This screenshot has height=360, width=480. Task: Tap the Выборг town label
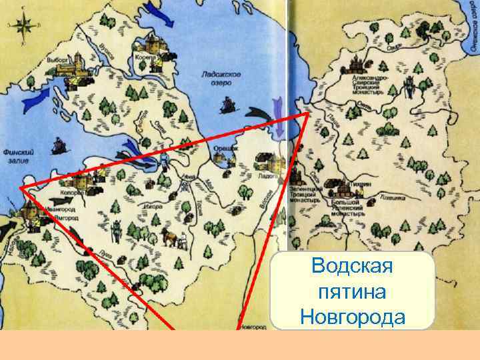click(58, 59)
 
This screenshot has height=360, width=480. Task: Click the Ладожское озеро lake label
click(221, 79)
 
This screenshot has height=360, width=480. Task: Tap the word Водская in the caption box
click(352, 267)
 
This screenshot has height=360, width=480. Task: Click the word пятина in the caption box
click(352, 291)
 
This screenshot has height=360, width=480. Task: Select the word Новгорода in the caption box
click(352, 315)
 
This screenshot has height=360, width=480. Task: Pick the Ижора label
click(154, 206)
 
